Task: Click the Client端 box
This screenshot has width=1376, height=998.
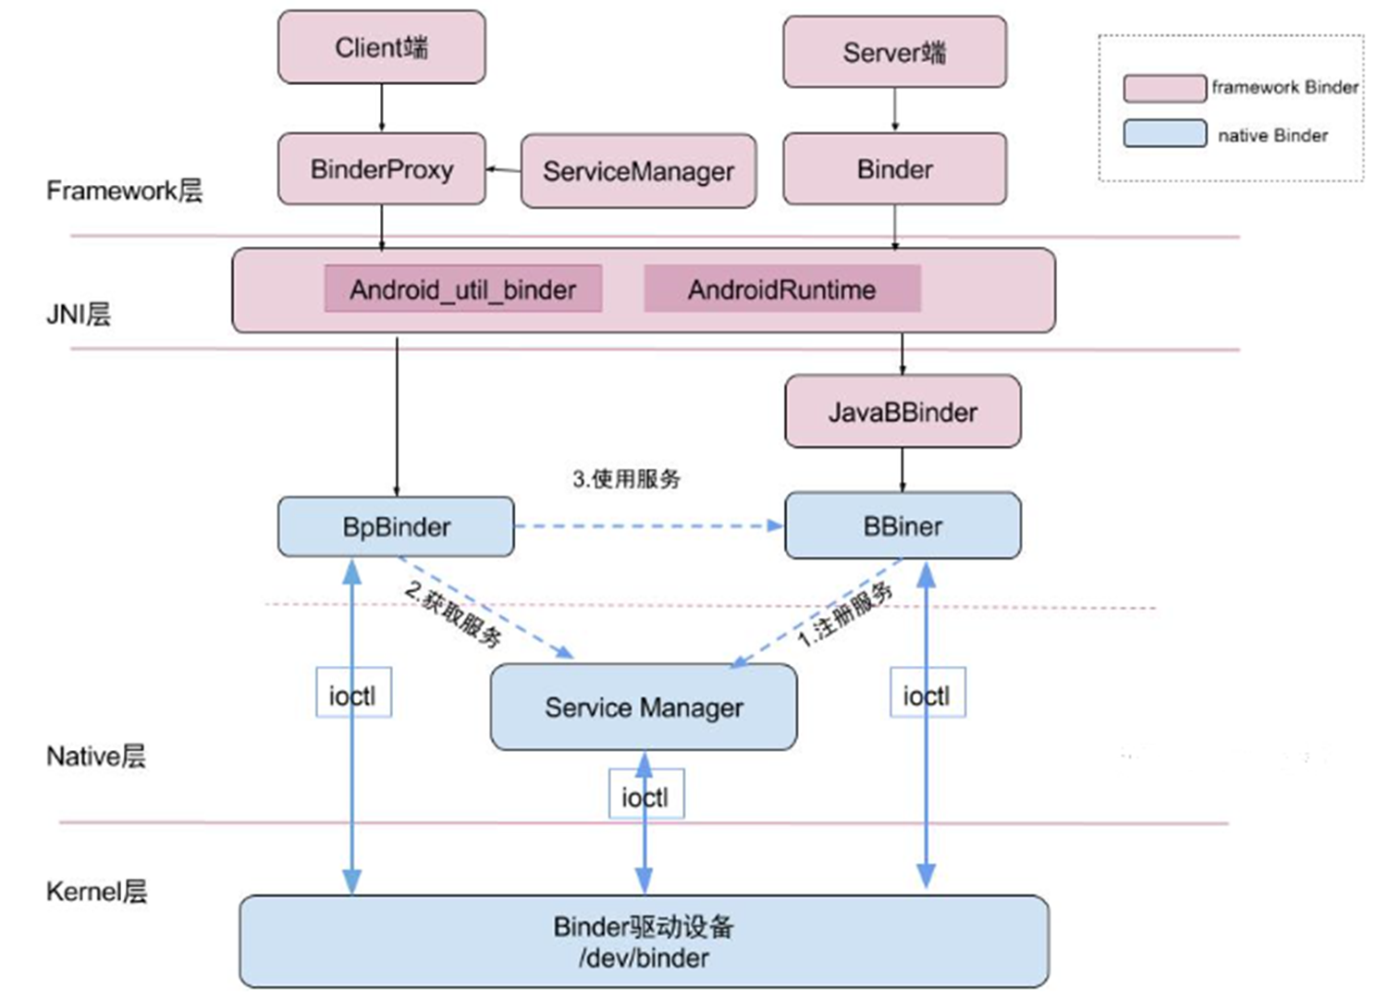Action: click(381, 47)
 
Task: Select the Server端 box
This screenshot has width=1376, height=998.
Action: click(894, 53)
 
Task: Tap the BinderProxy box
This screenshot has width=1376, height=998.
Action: click(381, 169)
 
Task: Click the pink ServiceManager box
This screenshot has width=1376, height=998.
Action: click(638, 171)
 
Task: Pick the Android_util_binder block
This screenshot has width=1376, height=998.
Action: click(462, 290)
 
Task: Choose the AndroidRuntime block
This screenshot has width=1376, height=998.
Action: click(781, 290)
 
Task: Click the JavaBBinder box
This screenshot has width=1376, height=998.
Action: click(903, 412)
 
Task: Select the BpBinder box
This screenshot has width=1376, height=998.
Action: click(396, 527)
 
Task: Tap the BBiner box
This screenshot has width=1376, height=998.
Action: click(903, 526)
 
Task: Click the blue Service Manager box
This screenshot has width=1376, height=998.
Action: click(644, 708)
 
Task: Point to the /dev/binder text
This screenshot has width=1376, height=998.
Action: click(644, 958)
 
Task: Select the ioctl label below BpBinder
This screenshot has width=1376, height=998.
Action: click(353, 695)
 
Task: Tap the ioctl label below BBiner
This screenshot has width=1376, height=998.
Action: click(928, 695)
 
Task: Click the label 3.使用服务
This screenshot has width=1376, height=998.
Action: click(626, 478)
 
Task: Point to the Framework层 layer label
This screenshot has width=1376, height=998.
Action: click(124, 191)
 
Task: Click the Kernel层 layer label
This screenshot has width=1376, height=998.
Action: click(96, 892)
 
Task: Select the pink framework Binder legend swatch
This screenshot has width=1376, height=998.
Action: click(1164, 88)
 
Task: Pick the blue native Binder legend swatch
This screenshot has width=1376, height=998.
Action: click(1164, 134)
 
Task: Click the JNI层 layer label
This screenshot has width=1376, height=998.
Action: click(79, 314)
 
